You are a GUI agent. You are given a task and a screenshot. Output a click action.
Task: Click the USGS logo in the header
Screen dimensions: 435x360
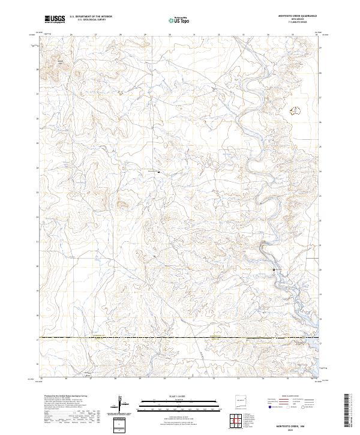pos(55,20)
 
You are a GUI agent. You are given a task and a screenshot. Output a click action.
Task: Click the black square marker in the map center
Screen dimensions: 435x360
pos(158,172)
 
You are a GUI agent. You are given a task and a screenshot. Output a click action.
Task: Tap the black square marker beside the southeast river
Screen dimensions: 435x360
pos(274,270)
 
